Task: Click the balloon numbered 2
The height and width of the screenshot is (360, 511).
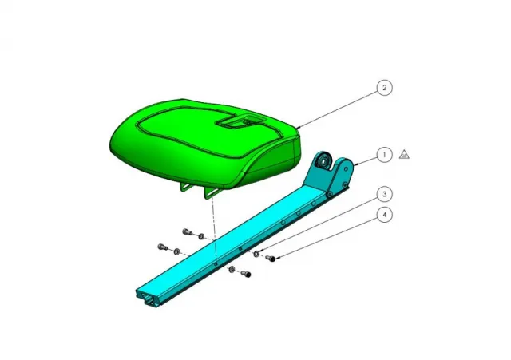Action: [385, 88]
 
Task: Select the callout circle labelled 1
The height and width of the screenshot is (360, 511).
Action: [385, 154]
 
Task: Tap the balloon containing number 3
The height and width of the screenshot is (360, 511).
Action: [385, 194]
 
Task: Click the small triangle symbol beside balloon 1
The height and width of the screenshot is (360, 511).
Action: [405, 154]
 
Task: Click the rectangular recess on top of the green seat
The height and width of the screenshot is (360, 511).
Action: [239, 122]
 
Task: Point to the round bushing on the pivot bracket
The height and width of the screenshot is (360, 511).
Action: [323, 164]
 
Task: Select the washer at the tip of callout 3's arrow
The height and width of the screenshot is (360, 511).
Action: [255, 254]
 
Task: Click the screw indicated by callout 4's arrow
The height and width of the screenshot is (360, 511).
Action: [270, 259]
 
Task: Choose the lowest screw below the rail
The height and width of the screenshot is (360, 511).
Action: [245, 275]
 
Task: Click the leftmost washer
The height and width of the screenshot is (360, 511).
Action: [176, 251]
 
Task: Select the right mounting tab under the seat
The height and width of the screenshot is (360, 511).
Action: [211, 193]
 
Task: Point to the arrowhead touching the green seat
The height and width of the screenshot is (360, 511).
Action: [297, 128]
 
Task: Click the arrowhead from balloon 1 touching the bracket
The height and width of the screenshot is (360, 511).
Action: [355, 164]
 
